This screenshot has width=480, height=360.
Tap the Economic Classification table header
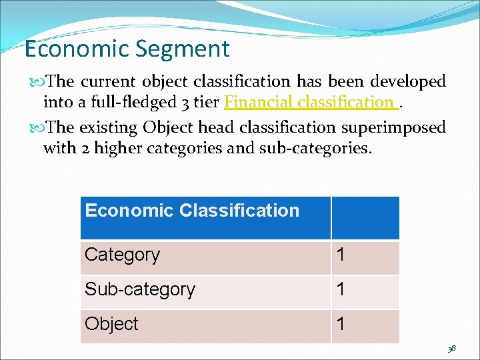(x=192, y=211)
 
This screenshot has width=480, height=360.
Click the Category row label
(x=122, y=255)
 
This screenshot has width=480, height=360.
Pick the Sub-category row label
(x=139, y=290)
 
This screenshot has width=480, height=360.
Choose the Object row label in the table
(x=111, y=324)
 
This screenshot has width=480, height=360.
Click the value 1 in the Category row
(x=341, y=255)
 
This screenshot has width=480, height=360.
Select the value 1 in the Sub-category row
(x=341, y=290)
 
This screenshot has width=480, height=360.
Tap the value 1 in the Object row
(x=341, y=324)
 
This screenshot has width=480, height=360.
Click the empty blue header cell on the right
(x=365, y=217)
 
